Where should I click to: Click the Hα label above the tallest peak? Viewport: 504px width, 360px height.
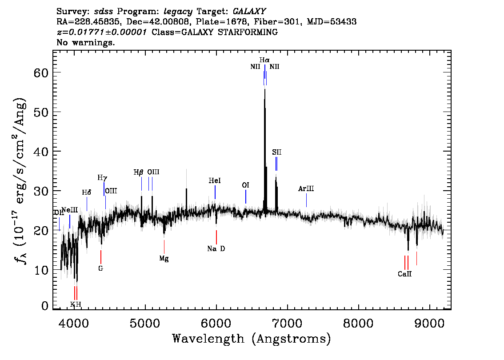(264, 60)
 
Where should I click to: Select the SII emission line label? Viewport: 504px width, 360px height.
(277, 152)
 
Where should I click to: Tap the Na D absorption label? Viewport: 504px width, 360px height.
(216, 249)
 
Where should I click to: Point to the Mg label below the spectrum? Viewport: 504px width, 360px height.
(164, 258)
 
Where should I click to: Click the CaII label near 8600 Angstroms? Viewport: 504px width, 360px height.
(404, 274)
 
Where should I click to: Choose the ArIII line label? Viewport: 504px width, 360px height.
(306, 189)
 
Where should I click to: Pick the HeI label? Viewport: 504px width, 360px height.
(215, 181)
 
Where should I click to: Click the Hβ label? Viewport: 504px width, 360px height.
(139, 172)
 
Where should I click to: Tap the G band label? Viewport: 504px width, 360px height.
(101, 268)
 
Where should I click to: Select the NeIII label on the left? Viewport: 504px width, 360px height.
(70, 210)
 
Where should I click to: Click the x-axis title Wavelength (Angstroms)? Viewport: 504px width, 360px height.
(252, 339)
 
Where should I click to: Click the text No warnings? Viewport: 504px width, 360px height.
(86, 43)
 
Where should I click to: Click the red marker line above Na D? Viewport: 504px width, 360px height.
(216, 237)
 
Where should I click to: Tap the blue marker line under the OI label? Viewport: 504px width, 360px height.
(246, 196)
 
